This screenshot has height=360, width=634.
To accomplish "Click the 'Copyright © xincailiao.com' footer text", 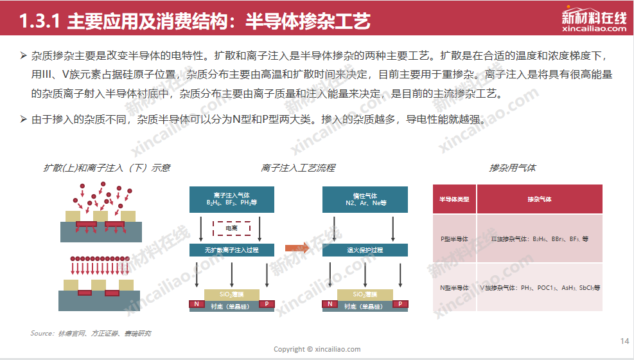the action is (317, 349).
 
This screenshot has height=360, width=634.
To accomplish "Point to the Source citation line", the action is (91, 333).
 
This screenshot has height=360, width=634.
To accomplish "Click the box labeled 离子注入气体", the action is (232, 199).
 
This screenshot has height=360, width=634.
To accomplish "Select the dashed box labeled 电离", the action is (232, 228).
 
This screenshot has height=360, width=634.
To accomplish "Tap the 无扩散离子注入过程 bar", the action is (232, 249).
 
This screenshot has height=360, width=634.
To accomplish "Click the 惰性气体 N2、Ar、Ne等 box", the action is (365, 199).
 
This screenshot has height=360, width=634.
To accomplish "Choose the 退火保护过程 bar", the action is (365, 249).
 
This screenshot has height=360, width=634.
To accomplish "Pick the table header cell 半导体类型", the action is (454, 199).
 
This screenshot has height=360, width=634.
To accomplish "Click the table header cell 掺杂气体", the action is (539, 199).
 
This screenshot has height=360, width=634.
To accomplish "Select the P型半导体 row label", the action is (454, 239).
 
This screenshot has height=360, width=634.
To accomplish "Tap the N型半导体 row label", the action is (454, 288).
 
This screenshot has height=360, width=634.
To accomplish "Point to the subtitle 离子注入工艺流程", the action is (298, 168).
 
